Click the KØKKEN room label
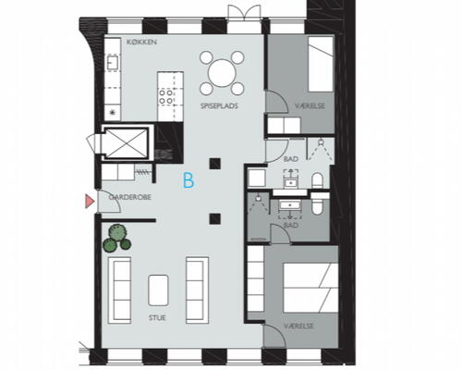141,42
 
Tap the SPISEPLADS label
219,105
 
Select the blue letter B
188,180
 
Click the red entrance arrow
90,202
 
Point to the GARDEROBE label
130,197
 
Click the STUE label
157,317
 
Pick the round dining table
222,73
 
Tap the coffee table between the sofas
158,290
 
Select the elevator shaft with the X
125,142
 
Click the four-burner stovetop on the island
165,96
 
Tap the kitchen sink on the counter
111,63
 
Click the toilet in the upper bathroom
317,180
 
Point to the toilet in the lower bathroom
316,204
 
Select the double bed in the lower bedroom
310,288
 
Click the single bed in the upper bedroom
322,64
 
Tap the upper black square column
215,164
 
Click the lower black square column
215,218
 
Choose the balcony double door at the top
244,13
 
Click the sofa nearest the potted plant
119,290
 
